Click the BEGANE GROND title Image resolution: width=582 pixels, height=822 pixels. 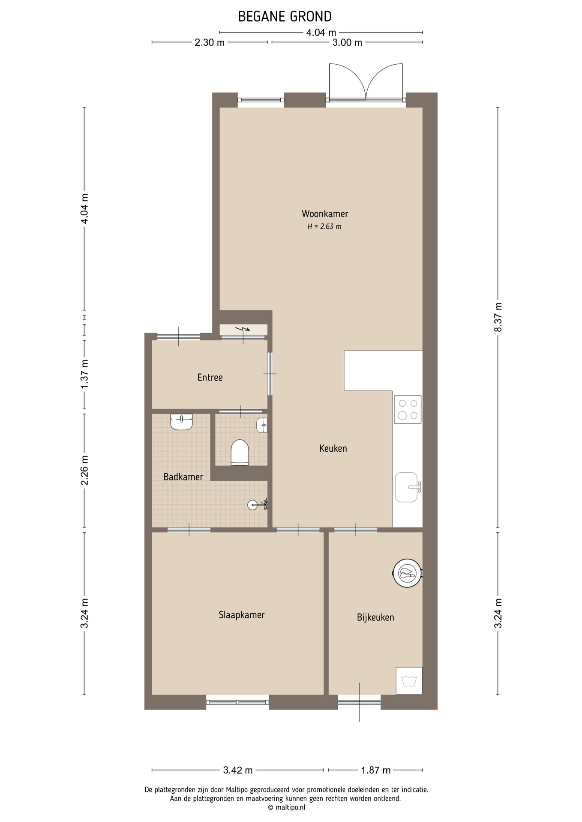[x=285, y=17]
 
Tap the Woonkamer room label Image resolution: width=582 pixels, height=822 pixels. [x=325, y=214]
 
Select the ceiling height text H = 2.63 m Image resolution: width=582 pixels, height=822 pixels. [x=324, y=226]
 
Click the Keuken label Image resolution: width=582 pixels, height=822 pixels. [x=333, y=448]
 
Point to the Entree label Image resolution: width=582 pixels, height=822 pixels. [x=210, y=377]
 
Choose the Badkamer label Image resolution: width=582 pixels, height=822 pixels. [x=183, y=477]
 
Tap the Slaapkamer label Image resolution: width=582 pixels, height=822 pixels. [x=242, y=615]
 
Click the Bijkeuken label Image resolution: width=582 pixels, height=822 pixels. [x=375, y=617]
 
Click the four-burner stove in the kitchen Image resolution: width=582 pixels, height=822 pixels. [x=408, y=409]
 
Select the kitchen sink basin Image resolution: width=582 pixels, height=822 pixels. [x=406, y=487]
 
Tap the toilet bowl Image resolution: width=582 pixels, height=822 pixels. [x=240, y=452]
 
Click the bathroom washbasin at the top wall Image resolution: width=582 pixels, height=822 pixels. [x=182, y=422]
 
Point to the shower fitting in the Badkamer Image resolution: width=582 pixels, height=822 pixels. [x=258, y=505]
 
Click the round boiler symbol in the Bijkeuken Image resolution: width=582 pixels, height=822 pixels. [x=408, y=573]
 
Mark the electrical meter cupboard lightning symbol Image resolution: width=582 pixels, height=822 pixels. [x=244, y=329]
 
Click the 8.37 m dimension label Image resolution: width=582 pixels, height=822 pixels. [x=498, y=317]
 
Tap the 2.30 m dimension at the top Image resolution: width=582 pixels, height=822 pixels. [x=210, y=42]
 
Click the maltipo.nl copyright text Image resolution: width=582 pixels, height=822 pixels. [x=286, y=807]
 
